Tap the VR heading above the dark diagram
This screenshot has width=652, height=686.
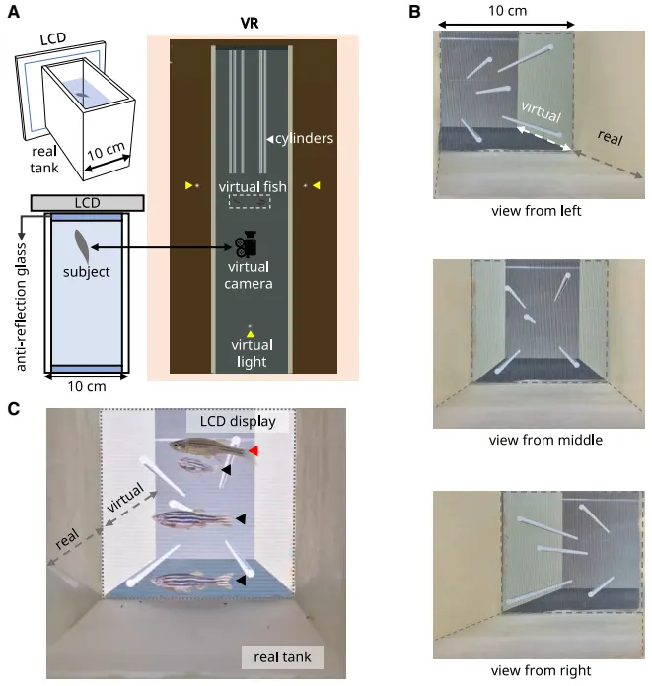(x=252, y=21)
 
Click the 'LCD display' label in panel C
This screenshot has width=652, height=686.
(x=237, y=422)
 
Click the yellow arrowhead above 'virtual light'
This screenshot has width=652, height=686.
(x=251, y=335)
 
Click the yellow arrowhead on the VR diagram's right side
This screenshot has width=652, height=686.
(x=316, y=184)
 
